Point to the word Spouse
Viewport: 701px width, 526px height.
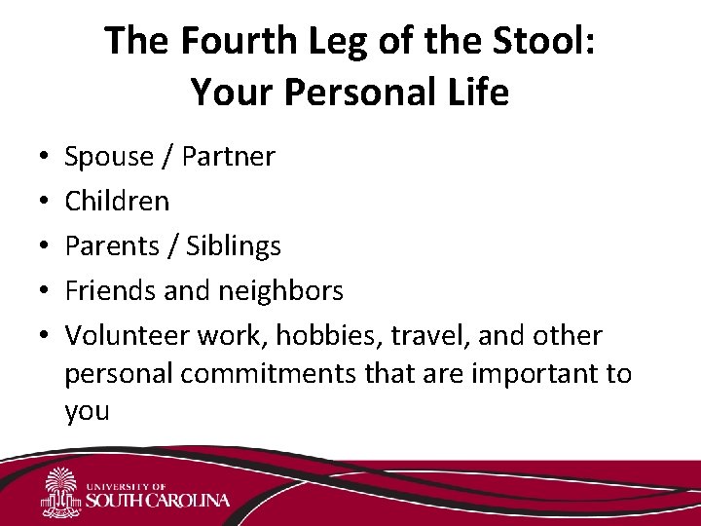[109, 157]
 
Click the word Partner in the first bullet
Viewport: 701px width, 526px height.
[227, 157]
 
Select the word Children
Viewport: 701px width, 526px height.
[117, 202]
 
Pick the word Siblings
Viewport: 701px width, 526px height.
[234, 246]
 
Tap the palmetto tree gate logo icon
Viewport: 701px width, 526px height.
[61, 493]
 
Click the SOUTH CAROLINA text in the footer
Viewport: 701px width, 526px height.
[158, 501]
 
